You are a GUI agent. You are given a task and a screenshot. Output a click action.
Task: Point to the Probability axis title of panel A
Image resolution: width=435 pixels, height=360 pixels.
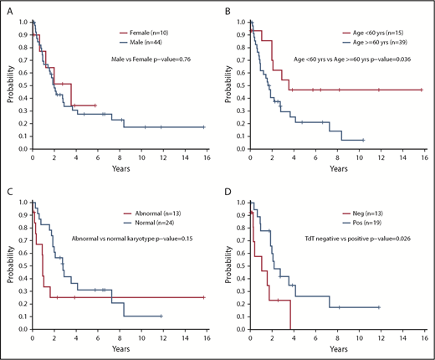(x=8, y=88)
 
